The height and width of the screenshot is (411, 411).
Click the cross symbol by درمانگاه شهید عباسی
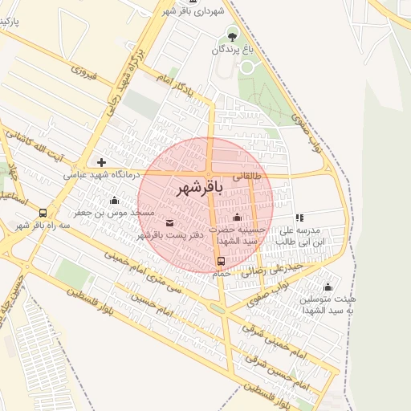click(x=101, y=162)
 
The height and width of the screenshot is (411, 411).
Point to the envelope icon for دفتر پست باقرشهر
click(x=169, y=222)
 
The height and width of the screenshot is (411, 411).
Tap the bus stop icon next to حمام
click(x=221, y=261)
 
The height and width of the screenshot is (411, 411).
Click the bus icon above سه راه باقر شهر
click(x=43, y=214)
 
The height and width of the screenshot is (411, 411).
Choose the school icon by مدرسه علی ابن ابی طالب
click(x=299, y=217)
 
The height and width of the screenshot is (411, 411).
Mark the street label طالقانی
click(x=247, y=174)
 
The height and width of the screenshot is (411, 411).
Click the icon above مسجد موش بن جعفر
click(x=114, y=201)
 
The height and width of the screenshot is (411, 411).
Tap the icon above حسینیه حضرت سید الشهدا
click(x=236, y=218)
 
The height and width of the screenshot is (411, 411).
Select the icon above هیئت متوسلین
click(x=327, y=287)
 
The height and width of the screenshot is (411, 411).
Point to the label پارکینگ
click(x=10, y=21)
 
